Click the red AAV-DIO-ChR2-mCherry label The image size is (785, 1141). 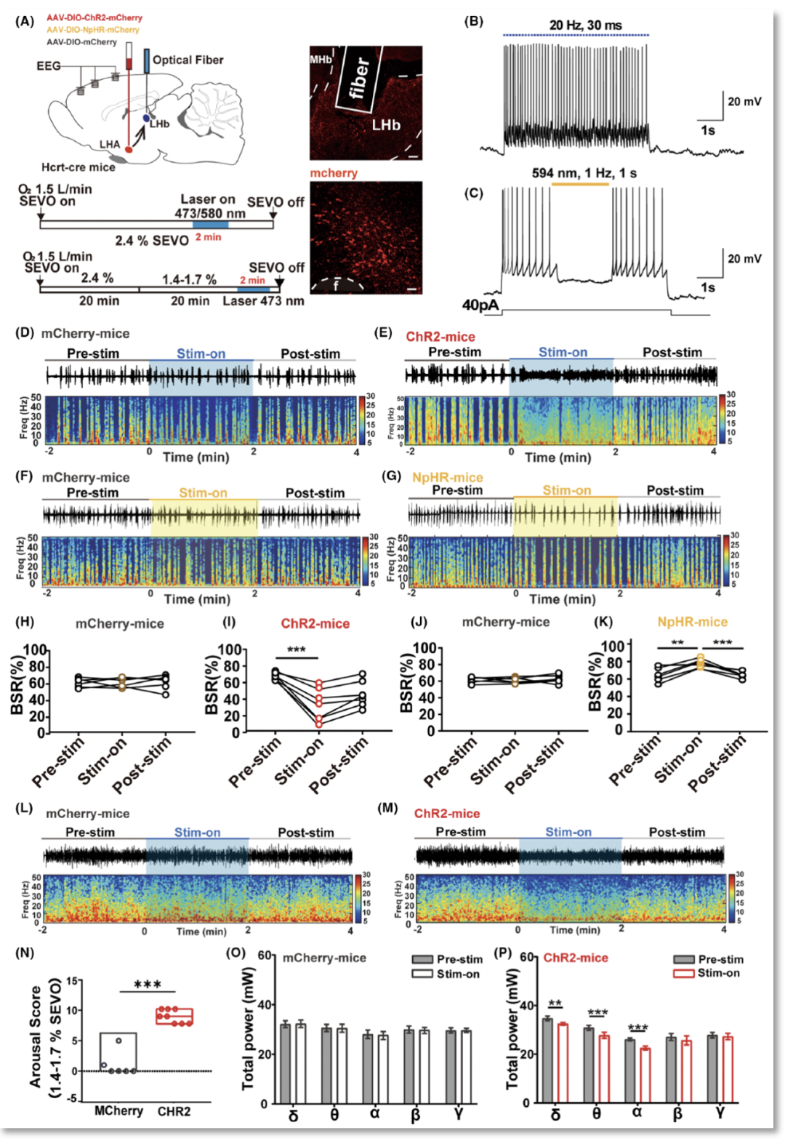point(94,17)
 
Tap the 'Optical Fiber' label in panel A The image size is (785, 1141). point(188,60)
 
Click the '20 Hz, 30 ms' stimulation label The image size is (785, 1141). point(585,25)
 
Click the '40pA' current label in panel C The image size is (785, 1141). point(480,305)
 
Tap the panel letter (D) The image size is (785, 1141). point(25,333)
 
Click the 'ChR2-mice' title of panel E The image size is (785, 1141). point(440,337)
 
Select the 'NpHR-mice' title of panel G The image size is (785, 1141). point(447,477)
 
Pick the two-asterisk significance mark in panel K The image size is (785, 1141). point(677,643)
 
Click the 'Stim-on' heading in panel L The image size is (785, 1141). point(197,833)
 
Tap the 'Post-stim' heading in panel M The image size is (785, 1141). point(677,832)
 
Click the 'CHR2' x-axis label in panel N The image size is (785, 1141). point(174,1111)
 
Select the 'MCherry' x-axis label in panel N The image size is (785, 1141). point(118,1110)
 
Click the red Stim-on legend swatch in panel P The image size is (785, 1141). point(684,973)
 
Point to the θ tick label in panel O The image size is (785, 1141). point(334,1115)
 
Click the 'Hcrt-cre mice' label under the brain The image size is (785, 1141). point(78,167)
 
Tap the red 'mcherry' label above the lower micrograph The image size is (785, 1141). point(334,173)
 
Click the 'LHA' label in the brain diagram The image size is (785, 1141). point(110,145)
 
